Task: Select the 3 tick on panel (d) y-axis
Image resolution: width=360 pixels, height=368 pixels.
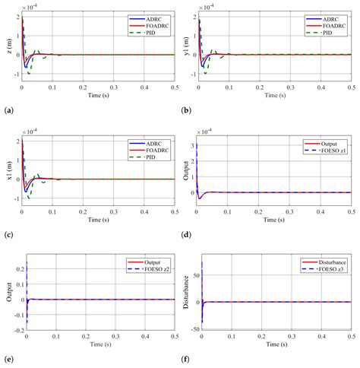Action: click(x=195, y=144)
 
